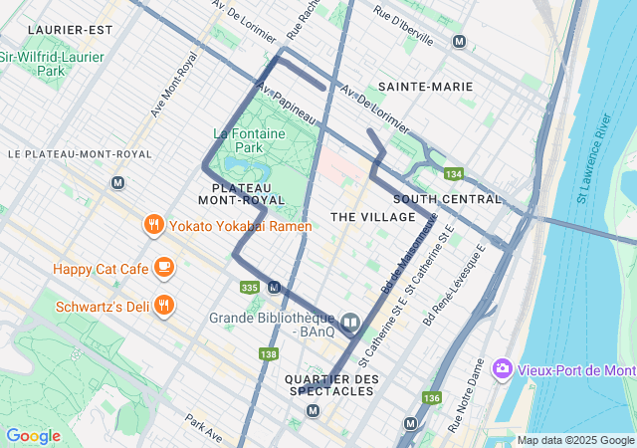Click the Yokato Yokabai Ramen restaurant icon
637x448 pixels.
pyautogui.click(x=152, y=225)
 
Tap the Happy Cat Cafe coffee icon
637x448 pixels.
pyautogui.click(x=164, y=268)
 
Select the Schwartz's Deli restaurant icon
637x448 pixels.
pyautogui.click(x=164, y=306)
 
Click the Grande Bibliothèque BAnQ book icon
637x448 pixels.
pyautogui.click(x=350, y=322)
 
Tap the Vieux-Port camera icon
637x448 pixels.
pyautogui.click(x=502, y=369)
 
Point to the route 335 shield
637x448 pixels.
pyautogui.click(x=250, y=288)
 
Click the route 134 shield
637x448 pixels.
pyautogui.click(x=454, y=174)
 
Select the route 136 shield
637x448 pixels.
pyautogui.click(x=430, y=398)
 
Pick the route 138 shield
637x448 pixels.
pyautogui.click(x=268, y=354)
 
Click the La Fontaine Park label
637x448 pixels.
pyautogui.click(x=249, y=140)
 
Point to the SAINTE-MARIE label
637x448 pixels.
pyautogui.click(x=425, y=87)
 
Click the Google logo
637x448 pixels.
pyautogui.click(x=33, y=436)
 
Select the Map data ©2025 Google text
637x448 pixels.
pyautogui.click(x=575, y=440)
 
